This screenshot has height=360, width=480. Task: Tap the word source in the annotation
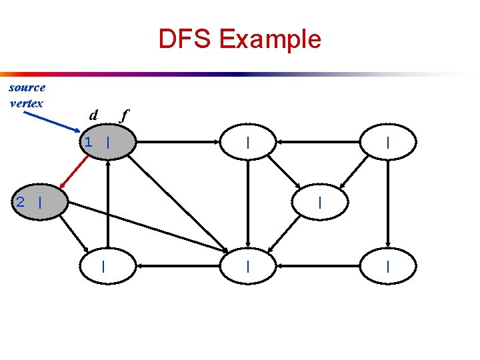(x=27, y=87)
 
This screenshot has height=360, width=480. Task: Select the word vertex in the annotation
(x=27, y=103)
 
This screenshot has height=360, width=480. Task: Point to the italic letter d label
(x=94, y=115)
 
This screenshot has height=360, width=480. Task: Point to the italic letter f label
(x=123, y=115)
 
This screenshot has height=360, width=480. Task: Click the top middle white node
(x=248, y=143)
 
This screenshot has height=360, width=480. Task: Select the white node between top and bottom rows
(x=321, y=202)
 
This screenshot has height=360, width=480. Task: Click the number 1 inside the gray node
(x=88, y=142)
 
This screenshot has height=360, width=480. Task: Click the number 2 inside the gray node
(x=21, y=202)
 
